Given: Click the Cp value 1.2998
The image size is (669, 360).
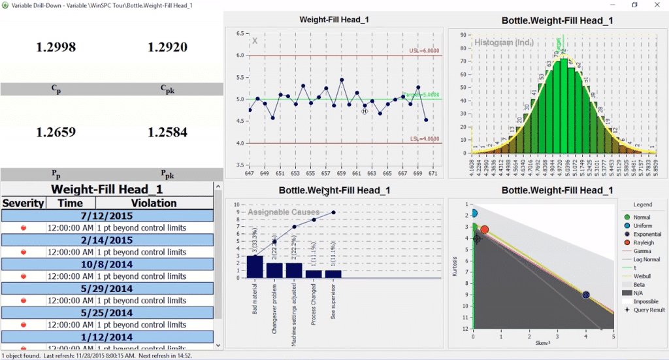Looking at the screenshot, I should (56, 47).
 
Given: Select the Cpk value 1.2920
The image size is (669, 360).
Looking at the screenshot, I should (167, 47).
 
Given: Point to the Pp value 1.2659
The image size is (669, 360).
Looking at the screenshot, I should (56, 132).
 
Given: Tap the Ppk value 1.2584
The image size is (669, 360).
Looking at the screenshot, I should (167, 132).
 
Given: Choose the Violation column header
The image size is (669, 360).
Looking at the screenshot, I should (154, 203).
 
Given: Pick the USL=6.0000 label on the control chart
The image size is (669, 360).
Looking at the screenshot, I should (424, 50).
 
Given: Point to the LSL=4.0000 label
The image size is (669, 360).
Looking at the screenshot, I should (425, 139).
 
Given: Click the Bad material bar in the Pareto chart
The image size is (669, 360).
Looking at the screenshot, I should (255, 267).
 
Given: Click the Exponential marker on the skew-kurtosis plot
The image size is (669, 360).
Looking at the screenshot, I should (586, 295).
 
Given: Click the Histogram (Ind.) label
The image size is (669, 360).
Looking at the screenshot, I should (504, 42).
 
